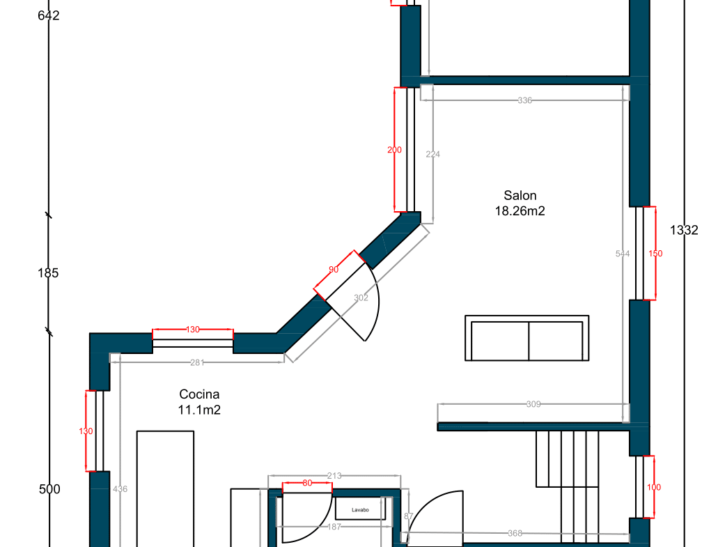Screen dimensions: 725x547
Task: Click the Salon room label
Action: pos(520,195)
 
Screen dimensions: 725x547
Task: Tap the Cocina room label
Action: pos(199,394)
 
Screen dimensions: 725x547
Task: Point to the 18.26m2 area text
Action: pos(520,211)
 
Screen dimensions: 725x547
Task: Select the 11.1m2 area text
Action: pos(199,410)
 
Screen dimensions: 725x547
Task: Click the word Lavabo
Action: pos(360,510)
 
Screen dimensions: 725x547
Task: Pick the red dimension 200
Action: pos(394,150)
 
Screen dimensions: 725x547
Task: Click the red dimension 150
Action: pos(655,254)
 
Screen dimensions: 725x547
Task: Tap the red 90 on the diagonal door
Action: pos(334,270)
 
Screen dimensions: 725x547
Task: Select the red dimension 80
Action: pos(307,483)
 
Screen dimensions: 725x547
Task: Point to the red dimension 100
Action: pos(654,487)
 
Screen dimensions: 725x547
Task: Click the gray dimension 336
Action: pos(525,100)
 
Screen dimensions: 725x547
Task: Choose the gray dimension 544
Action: pos(623,254)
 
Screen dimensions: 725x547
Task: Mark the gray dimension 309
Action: pos(533,404)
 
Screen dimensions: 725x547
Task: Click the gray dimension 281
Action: pos(197,363)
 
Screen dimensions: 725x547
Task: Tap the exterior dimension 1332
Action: pos(684,230)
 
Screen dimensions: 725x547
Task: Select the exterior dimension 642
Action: pos(49,16)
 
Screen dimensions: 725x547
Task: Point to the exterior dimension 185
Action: pos(48,273)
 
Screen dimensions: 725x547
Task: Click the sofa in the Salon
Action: pos(527,338)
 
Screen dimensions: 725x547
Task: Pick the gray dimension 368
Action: pos(515,534)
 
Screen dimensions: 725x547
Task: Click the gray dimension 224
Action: pos(432,154)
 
